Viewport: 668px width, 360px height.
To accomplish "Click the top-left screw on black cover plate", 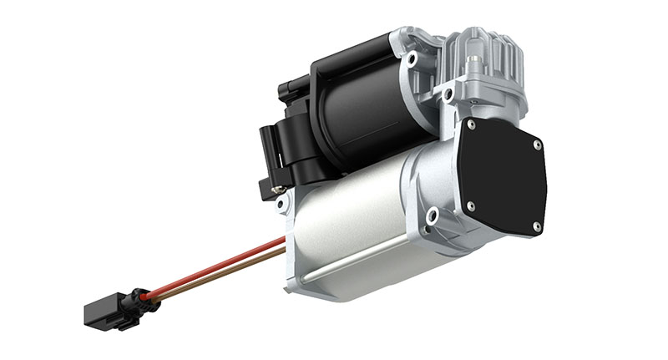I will pos(472,124).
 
